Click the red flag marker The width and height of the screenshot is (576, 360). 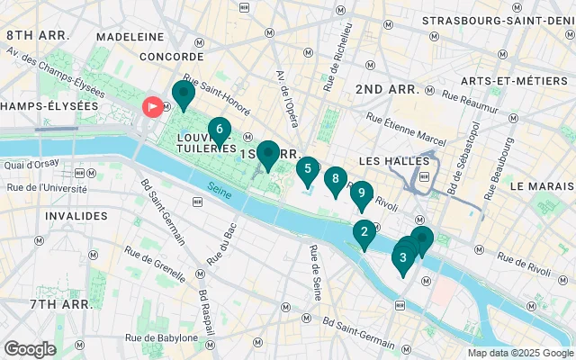(153, 107)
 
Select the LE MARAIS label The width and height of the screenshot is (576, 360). (542, 186)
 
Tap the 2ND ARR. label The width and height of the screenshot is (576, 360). (387, 89)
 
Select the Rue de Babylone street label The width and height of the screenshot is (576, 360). (163, 338)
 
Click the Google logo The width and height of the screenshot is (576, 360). (30, 348)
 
